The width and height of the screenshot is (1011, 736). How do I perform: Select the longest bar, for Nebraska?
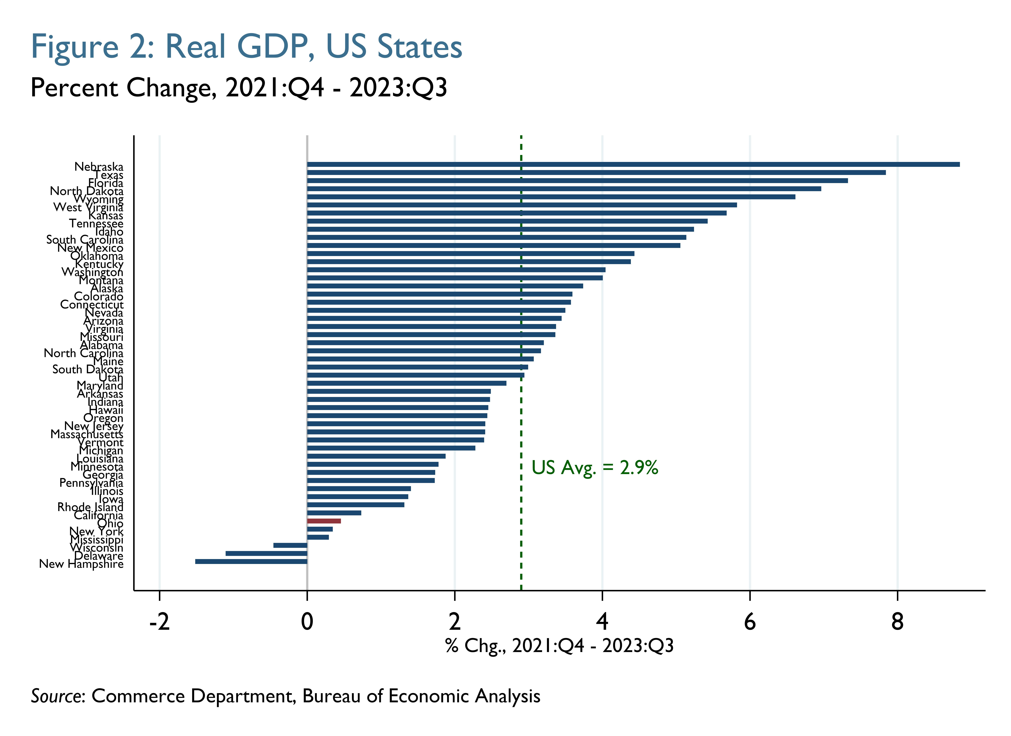coord(633,165)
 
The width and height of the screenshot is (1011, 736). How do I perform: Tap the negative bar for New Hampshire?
coord(251,561)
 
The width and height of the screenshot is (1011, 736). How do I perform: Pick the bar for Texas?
coord(596,172)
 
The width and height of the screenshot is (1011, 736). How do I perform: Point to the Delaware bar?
coord(266,553)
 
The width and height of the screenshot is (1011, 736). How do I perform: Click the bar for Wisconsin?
coord(290,545)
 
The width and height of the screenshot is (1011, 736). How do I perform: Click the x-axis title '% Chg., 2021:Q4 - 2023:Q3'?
coord(559,646)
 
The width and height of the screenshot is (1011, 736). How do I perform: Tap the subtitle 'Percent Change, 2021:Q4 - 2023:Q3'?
coord(238,88)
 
